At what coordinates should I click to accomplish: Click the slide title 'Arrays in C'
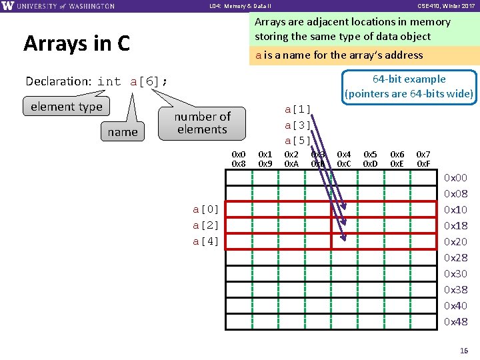[x=77, y=43]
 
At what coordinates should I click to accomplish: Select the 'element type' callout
[x=67, y=107]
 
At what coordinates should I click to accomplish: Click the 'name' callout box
[x=123, y=132]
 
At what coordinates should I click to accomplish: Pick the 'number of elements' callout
[x=202, y=123]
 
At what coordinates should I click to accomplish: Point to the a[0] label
[x=206, y=209]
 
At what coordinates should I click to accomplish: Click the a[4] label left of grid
[x=206, y=241]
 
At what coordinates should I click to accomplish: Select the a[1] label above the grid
[x=297, y=109]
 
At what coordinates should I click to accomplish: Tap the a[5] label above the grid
[x=297, y=140]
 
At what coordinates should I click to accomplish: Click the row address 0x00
[x=456, y=178]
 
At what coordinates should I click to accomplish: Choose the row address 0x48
[x=456, y=322]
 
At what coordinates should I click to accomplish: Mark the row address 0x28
[x=456, y=258]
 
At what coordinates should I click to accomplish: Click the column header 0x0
[x=238, y=155]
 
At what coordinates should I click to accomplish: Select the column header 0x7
[x=423, y=155]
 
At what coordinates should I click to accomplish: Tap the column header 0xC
[x=344, y=163]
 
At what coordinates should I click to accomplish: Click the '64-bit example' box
[x=409, y=87]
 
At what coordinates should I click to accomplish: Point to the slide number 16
[x=465, y=350]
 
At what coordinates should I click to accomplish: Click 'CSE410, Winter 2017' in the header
[x=445, y=6]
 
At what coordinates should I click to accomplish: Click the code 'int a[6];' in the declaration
[x=133, y=81]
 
